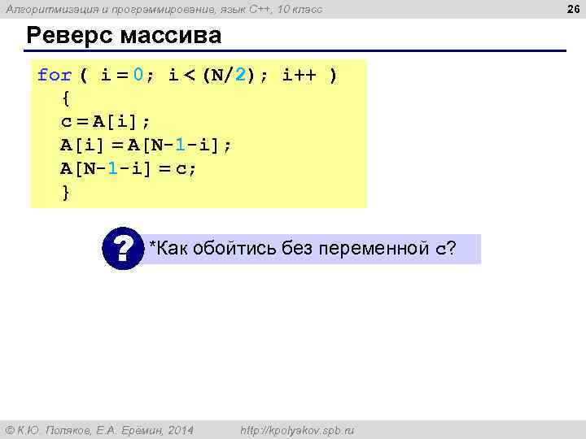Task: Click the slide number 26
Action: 572,9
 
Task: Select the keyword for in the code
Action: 55,76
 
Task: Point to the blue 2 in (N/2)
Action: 239,76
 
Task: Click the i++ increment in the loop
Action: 299,76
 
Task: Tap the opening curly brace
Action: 66,99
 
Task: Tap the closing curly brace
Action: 66,192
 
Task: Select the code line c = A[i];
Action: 106,122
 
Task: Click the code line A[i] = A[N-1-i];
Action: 146,146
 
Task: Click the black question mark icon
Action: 123,249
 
